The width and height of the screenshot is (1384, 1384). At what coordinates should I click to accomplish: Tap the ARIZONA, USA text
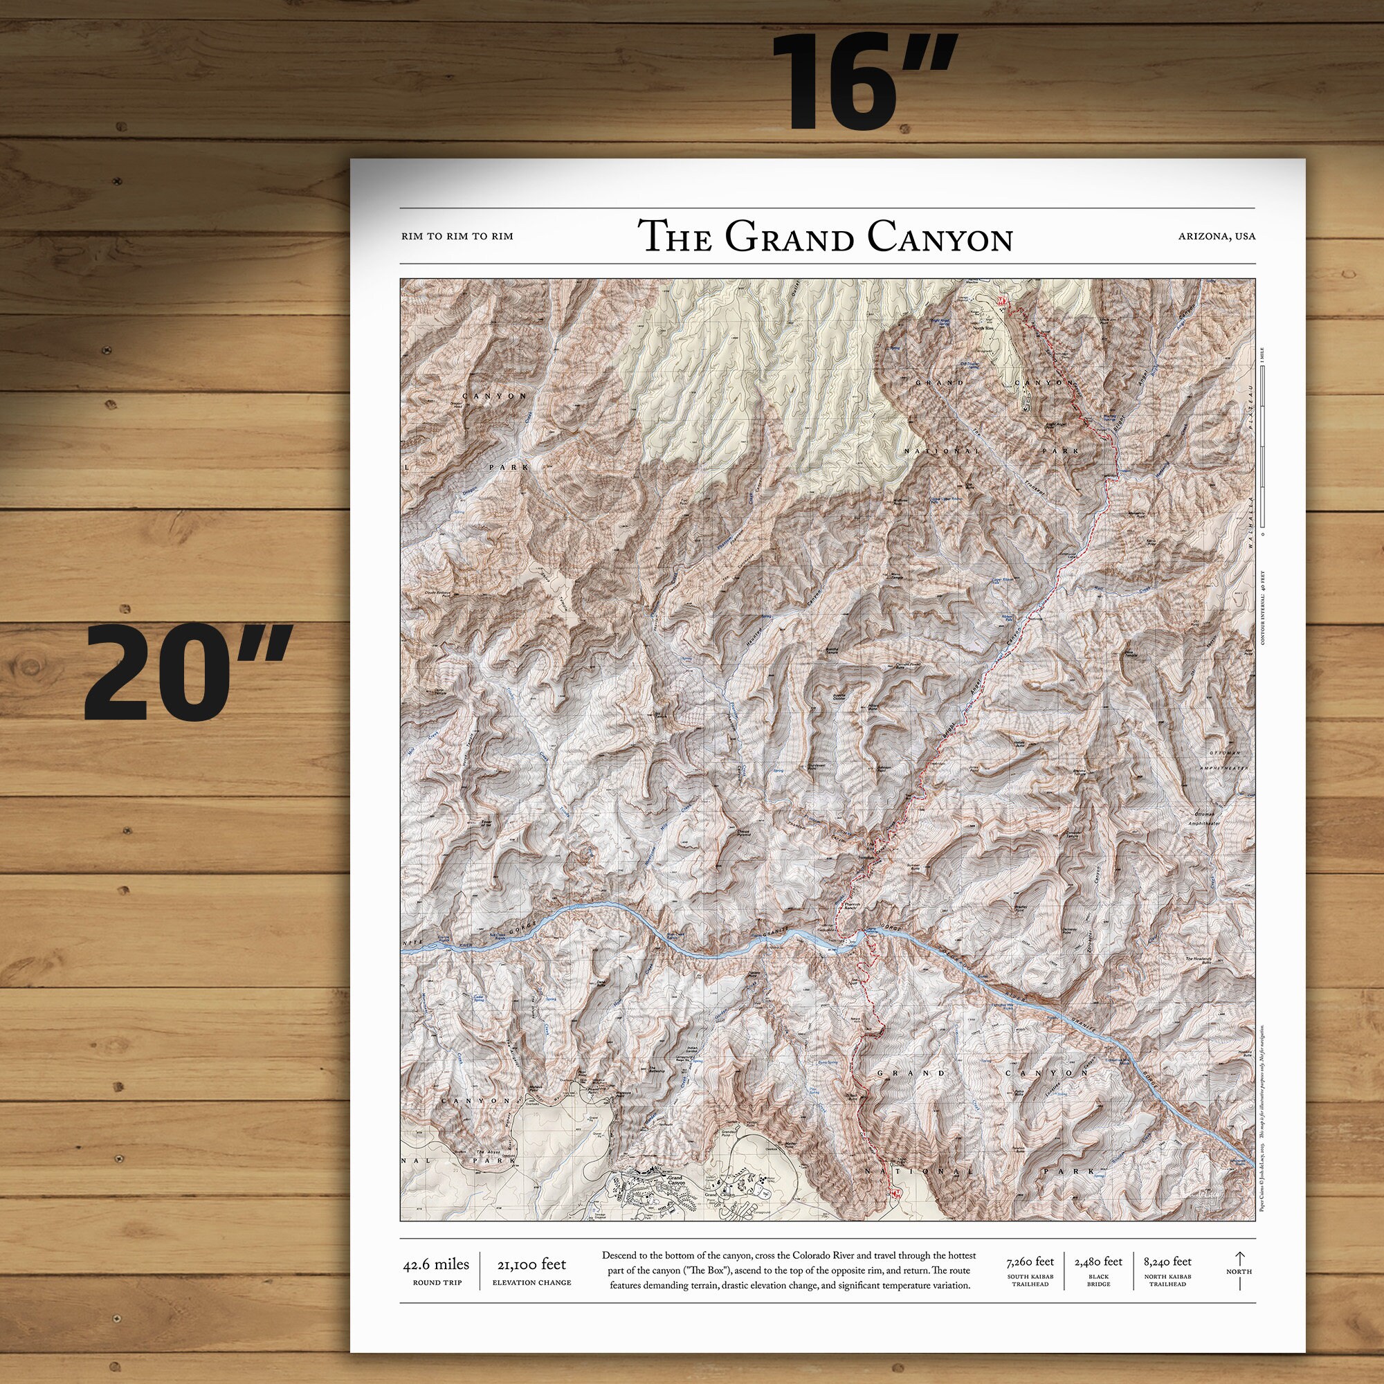click(x=1217, y=236)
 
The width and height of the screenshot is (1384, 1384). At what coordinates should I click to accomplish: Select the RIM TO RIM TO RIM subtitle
click(x=457, y=236)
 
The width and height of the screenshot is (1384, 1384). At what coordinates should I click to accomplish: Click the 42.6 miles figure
click(x=436, y=1264)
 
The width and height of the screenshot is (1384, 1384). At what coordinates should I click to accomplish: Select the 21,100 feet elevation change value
click(x=531, y=1264)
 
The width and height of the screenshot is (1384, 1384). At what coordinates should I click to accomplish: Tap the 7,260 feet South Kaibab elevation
click(x=1030, y=1262)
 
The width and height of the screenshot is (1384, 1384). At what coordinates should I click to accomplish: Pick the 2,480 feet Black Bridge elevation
click(x=1098, y=1262)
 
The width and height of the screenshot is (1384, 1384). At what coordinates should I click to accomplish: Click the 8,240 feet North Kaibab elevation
click(x=1167, y=1262)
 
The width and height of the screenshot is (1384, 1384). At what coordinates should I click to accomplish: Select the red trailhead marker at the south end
click(x=895, y=1193)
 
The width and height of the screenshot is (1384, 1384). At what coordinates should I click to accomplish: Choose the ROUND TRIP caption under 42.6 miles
click(x=437, y=1282)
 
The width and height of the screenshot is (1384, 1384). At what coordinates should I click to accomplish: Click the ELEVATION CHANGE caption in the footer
click(x=531, y=1282)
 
